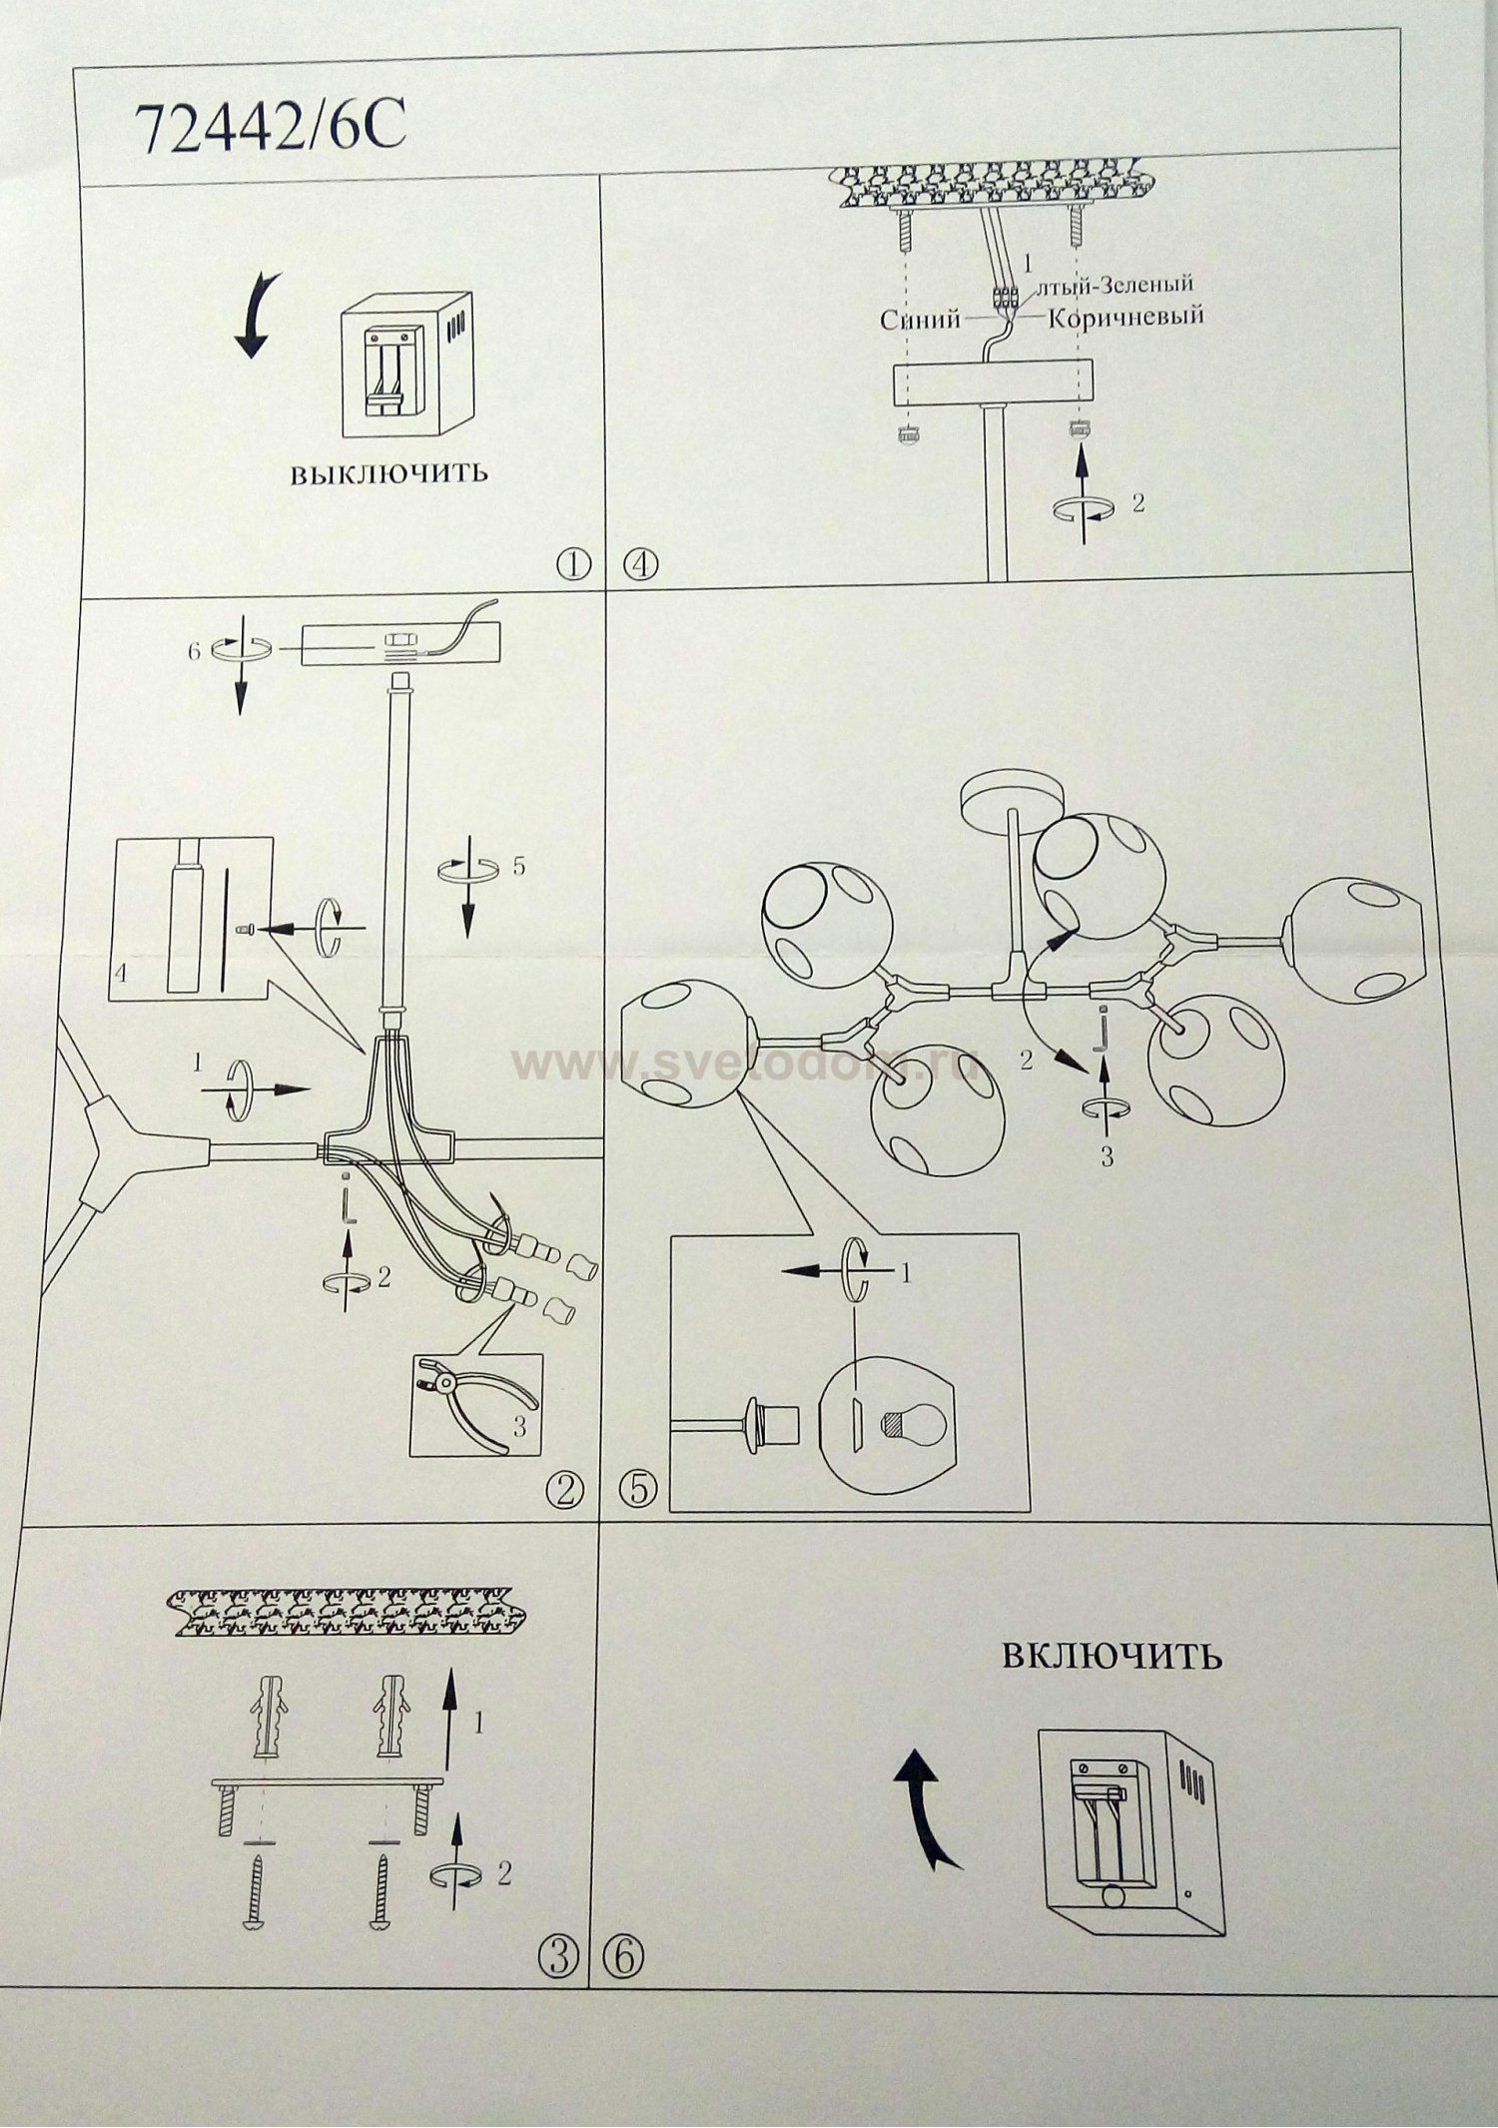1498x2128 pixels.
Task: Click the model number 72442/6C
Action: (x=270, y=128)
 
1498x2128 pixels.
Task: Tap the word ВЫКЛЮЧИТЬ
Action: (x=388, y=472)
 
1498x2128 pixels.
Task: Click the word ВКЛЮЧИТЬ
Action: (x=1111, y=1655)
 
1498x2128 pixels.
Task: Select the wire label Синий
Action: (x=919, y=319)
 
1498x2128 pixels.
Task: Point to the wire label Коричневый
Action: (x=1125, y=317)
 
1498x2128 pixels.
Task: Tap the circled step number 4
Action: (x=640, y=564)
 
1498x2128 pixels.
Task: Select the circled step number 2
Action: (x=564, y=1491)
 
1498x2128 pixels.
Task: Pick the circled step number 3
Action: (x=557, y=1955)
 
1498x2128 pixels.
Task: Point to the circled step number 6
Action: (x=624, y=1955)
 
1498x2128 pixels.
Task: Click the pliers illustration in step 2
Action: (x=469, y=1402)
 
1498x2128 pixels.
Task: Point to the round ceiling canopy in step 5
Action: (x=1014, y=792)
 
